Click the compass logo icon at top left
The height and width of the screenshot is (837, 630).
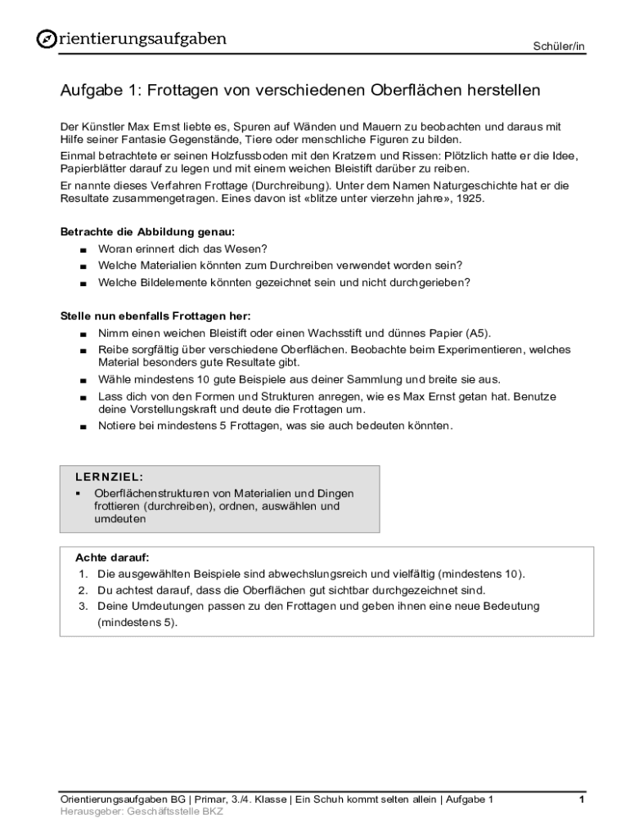pos(47,39)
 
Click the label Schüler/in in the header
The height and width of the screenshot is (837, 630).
pos(560,47)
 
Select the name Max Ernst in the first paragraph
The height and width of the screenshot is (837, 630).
pos(138,127)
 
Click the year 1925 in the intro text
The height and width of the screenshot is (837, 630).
pos(469,199)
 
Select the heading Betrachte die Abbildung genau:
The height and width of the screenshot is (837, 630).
pos(147,232)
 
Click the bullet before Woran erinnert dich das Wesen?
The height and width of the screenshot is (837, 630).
pos(83,249)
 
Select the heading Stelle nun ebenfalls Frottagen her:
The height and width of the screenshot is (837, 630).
pos(155,316)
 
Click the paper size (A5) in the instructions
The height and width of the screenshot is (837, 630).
pos(477,333)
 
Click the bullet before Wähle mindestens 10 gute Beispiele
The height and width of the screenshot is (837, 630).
pos(83,380)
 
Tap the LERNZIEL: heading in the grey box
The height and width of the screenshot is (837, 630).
pos(110,476)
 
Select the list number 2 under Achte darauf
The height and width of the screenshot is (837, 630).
pos(83,590)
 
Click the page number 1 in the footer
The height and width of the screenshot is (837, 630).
pos(581,799)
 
